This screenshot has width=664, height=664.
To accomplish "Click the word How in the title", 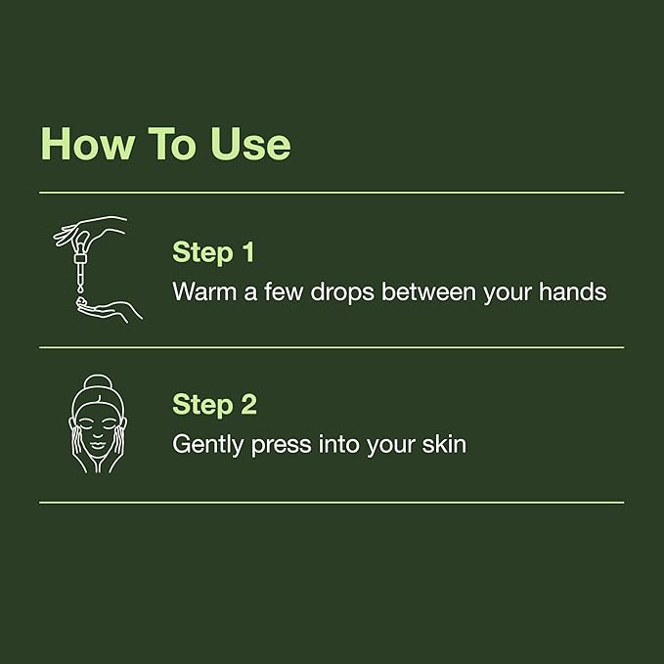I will click(x=85, y=144).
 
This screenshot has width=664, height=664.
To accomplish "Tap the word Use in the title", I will click(x=250, y=144).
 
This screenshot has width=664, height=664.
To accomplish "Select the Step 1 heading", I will click(x=213, y=251).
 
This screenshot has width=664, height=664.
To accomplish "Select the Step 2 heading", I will click(x=215, y=404).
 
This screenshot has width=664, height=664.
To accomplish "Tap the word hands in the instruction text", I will click(x=574, y=291).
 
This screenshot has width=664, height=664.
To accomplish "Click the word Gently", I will click(x=208, y=445).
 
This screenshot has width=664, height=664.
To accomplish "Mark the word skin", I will click(x=443, y=445).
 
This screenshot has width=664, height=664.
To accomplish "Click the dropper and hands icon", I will click(x=98, y=269).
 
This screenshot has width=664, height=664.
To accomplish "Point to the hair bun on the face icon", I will click(x=98, y=383).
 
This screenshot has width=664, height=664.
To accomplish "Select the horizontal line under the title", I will click(x=332, y=193).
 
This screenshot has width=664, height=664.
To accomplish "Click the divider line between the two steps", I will click(x=332, y=347).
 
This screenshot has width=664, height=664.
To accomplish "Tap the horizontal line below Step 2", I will click(x=332, y=503).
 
